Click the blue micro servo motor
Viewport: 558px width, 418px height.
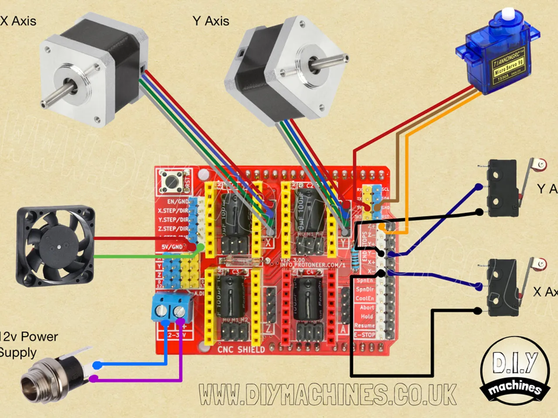pyautogui.click(x=497, y=54)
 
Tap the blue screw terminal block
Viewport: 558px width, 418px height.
pyautogui.click(x=173, y=307)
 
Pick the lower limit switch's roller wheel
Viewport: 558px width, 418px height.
pyautogui.click(x=541, y=263)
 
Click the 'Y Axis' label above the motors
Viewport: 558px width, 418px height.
pyautogui.click(x=211, y=21)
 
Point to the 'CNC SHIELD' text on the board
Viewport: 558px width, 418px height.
pyautogui.click(x=241, y=349)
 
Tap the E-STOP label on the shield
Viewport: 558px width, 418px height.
pyautogui.click(x=364, y=335)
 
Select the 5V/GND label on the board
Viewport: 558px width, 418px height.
pyautogui.click(x=172, y=247)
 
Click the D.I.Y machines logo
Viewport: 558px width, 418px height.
pyautogui.click(x=515, y=371)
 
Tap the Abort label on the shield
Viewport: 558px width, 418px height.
pyautogui.click(x=367, y=307)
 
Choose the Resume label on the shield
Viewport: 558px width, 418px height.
pyautogui.click(x=364, y=325)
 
